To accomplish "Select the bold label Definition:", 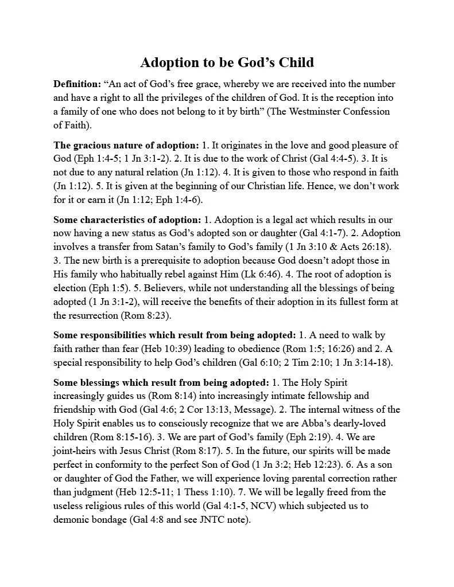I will (77, 84).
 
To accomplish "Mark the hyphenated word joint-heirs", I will (76, 451).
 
